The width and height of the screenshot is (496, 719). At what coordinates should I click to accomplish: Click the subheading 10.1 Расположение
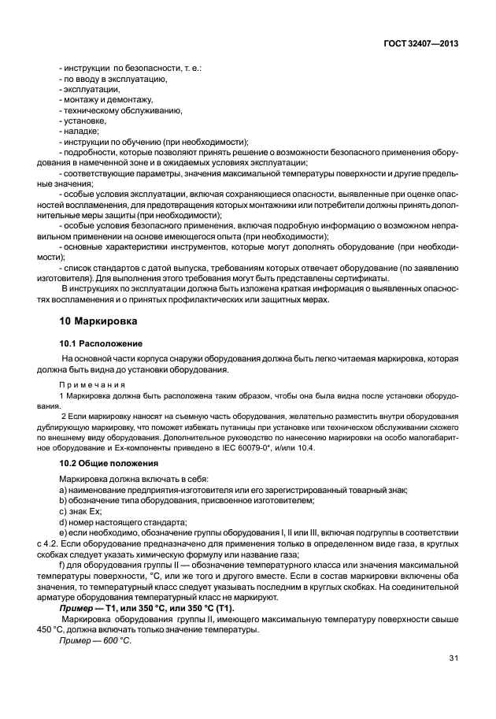pyautogui.click(x=101, y=344)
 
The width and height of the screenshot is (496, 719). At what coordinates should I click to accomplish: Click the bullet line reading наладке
pyautogui.click(x=79, y=131)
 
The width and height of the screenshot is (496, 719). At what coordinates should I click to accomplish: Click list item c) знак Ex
pyautogui.click(x=82, y=512)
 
